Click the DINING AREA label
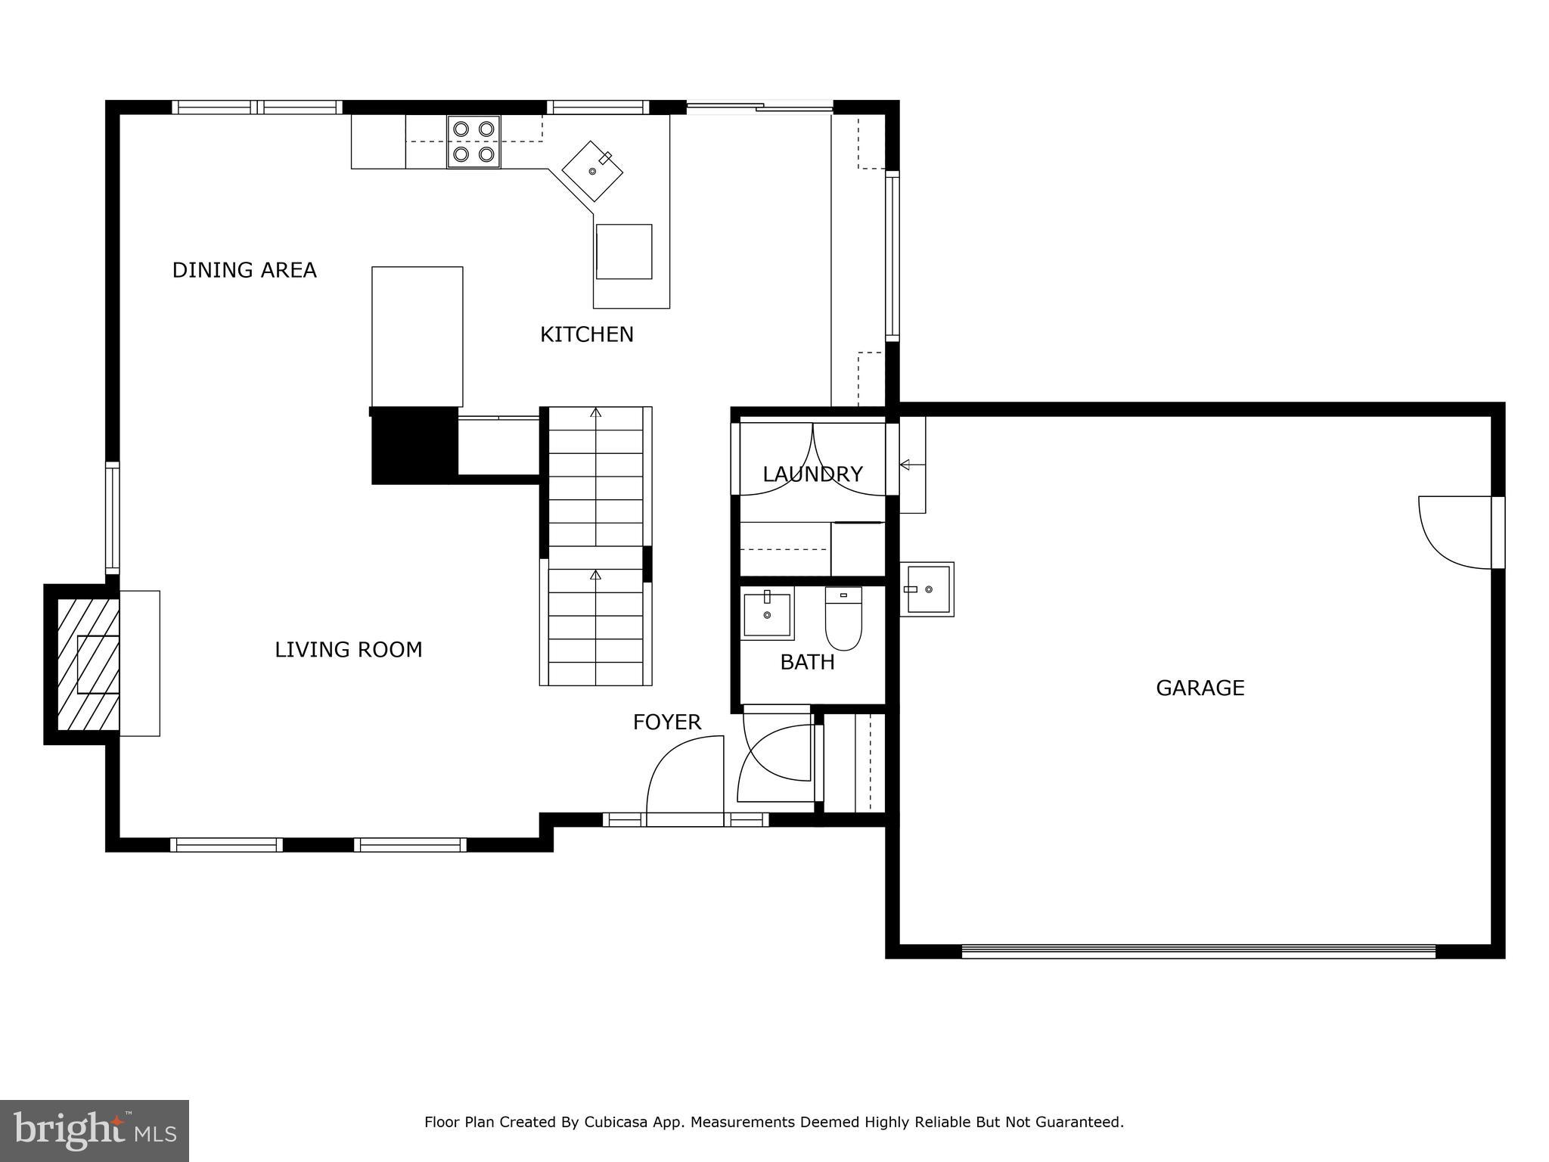point(244,270)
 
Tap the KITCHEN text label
point(587,334)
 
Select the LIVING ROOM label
point(348,650)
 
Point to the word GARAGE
point(1200,688)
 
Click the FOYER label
point(667,722)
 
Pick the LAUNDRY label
point(812,474)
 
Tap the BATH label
point(807,663)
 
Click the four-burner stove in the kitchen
point(473,141)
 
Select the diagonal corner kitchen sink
point(592,171)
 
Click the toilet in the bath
point(843,619)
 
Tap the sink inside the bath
point(767,614)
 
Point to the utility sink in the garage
point(927,589)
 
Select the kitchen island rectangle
point(417,337)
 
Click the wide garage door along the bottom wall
point(1198,952)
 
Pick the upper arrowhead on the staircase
point(596,413)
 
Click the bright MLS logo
point(95,1131)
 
